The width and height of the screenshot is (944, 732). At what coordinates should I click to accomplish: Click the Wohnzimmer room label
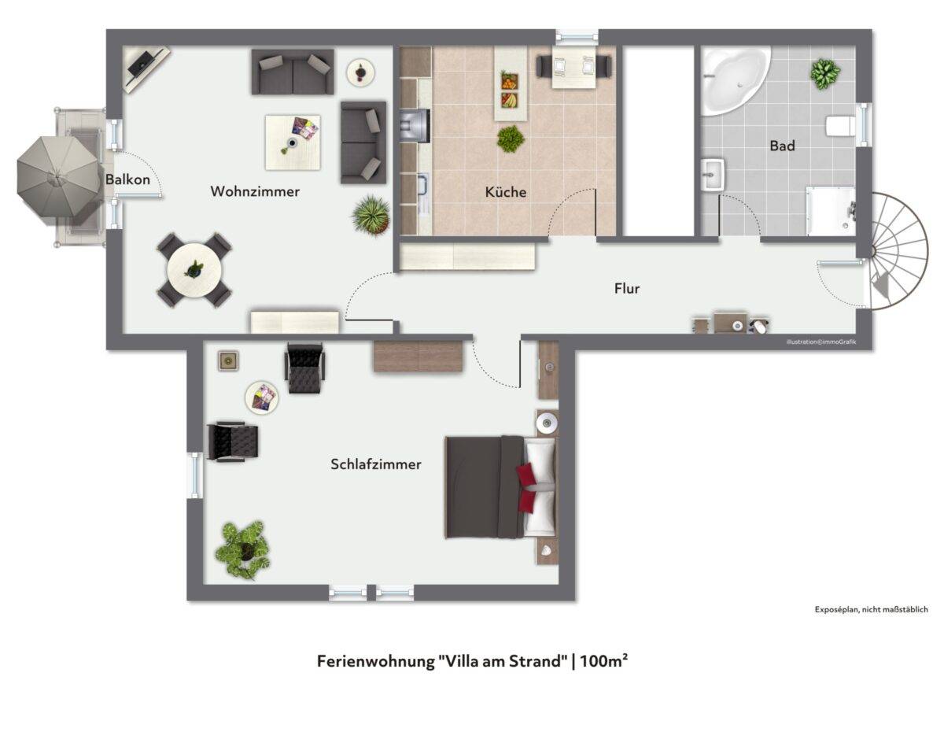coord(255,191)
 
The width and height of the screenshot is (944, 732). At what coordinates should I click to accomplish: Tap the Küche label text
coord(506,192)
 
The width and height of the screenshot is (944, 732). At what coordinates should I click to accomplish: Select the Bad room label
coord(782,146)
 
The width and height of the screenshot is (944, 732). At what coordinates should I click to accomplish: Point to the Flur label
coord(627,288)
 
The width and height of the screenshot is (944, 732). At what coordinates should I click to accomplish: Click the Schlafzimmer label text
coord(376,464)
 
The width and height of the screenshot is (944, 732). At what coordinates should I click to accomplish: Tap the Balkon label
coord(127,179)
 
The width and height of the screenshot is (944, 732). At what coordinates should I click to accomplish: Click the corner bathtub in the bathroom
coord(734,81)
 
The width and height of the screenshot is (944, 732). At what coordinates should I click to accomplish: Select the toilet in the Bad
coord(840,126)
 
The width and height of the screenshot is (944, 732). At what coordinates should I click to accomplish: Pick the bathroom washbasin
coord(713,174)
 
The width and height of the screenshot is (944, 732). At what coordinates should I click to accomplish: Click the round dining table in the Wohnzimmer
coord(194,270)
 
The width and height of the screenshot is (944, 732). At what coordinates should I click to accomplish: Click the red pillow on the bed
coord(526,487)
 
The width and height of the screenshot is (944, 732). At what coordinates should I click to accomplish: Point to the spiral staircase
coord(898,251)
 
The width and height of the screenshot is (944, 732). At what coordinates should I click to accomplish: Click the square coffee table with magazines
coord(293,142)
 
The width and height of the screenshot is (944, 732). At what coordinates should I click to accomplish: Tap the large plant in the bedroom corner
coord(243,549)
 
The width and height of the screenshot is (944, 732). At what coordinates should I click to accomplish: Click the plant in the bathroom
coord(825,74)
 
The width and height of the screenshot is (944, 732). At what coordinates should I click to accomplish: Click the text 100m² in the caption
coord(603,661)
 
